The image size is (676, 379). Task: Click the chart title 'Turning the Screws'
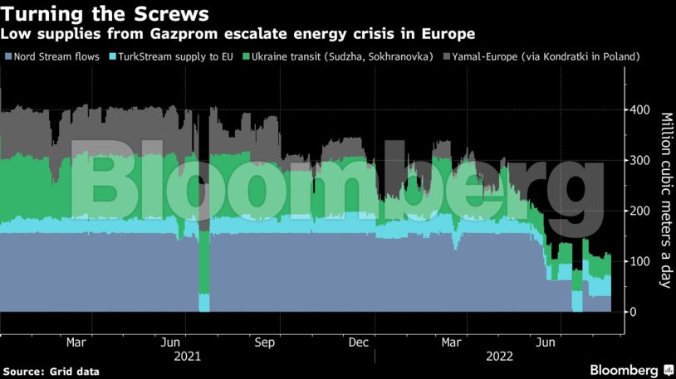105,14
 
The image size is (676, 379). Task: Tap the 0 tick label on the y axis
633,312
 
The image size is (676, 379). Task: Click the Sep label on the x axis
265,342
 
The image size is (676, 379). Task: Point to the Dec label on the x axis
359,342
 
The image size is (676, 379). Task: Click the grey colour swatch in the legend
446,56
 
